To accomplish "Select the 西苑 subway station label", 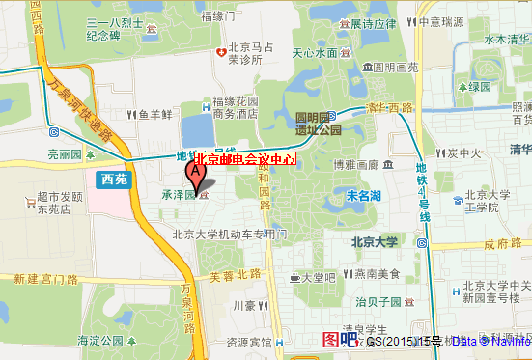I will point(113,177).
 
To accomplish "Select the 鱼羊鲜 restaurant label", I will point(154,114).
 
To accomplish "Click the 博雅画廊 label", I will point(355,164).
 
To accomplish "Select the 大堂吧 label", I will point(317,277).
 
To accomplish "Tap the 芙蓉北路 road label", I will point(236,275).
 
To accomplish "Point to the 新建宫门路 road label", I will point(44,279).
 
